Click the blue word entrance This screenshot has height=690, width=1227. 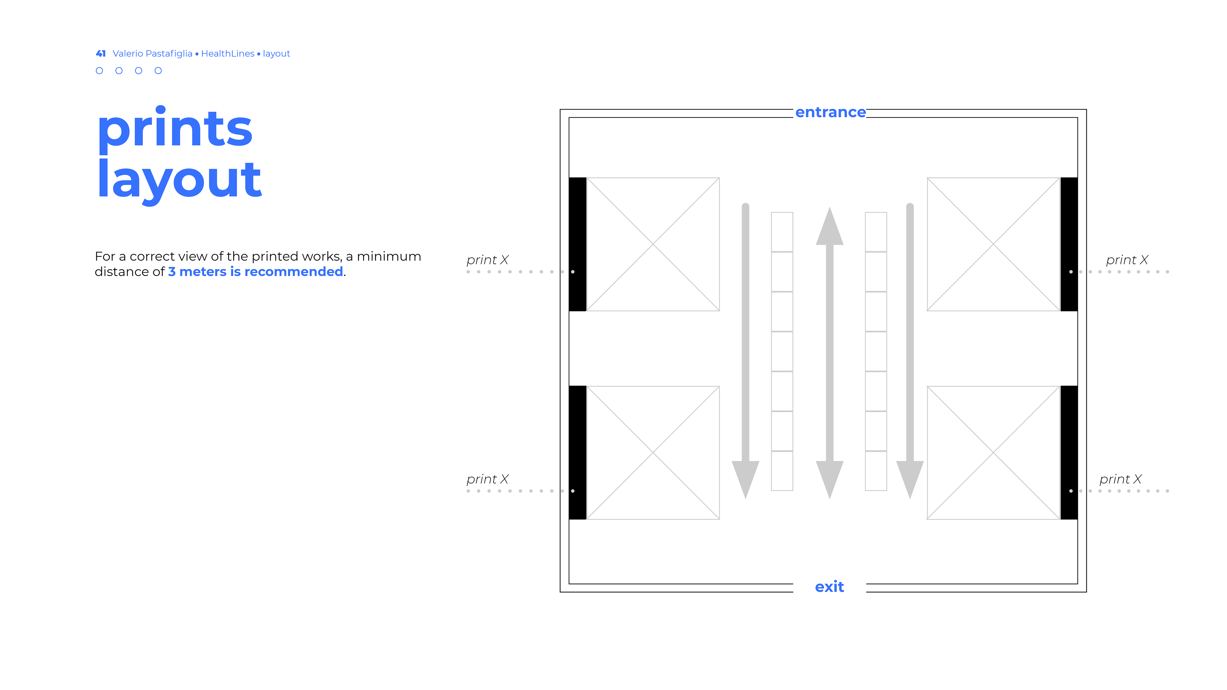830,112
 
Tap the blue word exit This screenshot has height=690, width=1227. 829,587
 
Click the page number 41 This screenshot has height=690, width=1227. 101,53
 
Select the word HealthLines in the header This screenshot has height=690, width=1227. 228,53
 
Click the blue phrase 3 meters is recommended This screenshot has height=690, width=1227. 255,272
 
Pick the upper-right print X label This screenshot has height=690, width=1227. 1126,260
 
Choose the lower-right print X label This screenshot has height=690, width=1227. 1120,479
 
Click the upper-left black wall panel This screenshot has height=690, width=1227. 577,244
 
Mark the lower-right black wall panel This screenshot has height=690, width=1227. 1069,452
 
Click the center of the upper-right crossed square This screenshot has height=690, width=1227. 993,244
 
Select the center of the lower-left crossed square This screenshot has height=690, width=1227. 653,452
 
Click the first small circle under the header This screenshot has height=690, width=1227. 99,71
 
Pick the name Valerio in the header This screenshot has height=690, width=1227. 128,53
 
